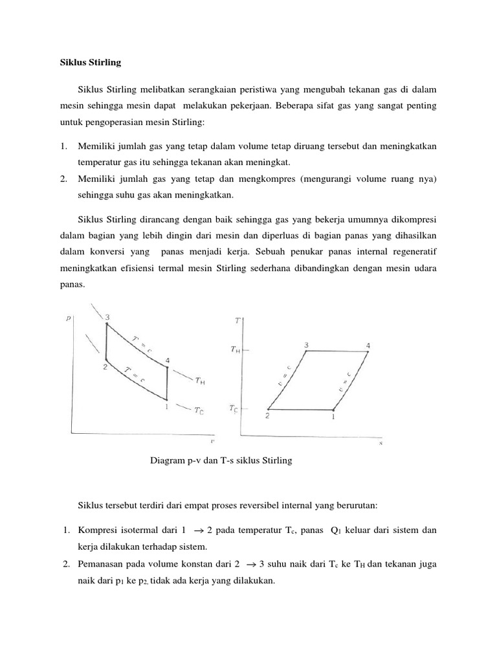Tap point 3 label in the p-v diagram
107,317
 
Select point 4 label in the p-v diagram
168,360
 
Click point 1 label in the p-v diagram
166,407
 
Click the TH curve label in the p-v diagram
201,381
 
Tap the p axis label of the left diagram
69,318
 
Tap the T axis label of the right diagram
237,321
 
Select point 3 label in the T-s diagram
305,344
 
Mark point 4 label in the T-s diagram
368,345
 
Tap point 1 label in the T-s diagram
334,417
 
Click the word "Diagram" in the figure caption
168,461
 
